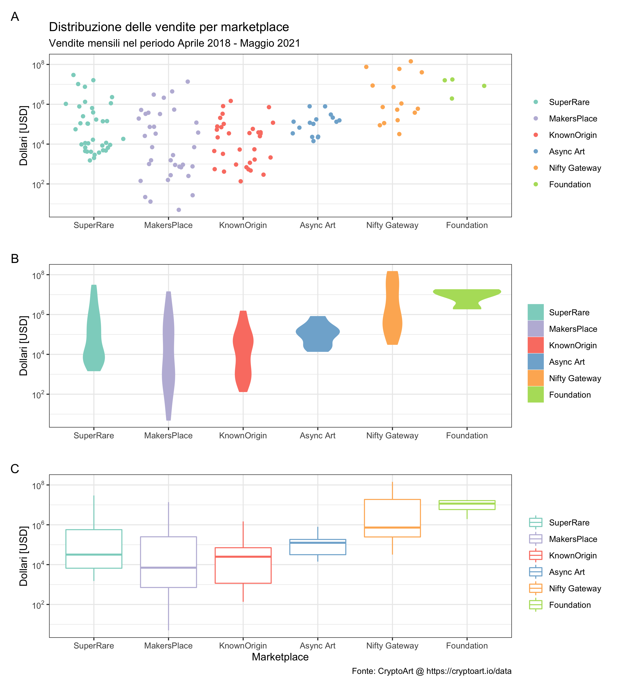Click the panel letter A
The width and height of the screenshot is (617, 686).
[x=15, y=17]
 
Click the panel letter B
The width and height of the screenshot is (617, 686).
[x=15, y=259]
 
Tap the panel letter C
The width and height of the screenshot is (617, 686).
[x=15, y=469]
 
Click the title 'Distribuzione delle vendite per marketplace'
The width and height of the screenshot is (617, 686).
[x=169, y=27]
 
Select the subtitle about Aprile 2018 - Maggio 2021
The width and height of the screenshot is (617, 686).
[x=174, y=43]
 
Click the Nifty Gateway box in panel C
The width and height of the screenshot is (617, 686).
[x=392, y=518]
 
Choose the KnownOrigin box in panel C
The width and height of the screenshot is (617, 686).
[x=243, y=565]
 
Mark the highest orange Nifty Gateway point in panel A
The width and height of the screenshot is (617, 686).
[x=411, y=62]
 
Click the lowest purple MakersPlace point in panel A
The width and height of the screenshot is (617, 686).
[x=179, y=210]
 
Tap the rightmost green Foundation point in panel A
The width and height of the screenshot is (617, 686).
[x=484, y=86]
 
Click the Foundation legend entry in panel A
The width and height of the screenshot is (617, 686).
[x=569, y=185]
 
